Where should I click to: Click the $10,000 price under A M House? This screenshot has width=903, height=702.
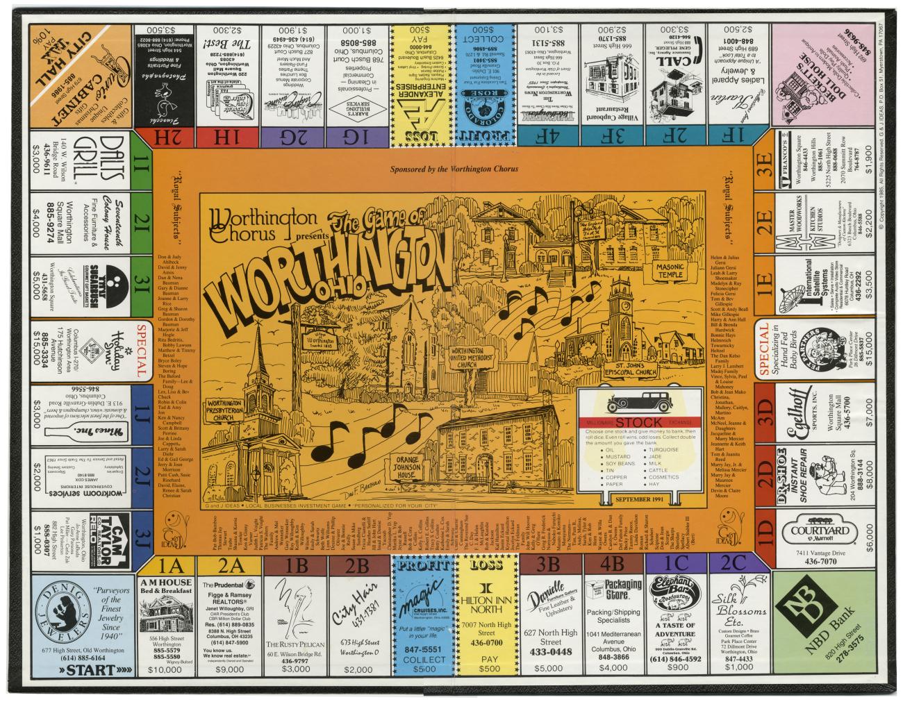point(165,670)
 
